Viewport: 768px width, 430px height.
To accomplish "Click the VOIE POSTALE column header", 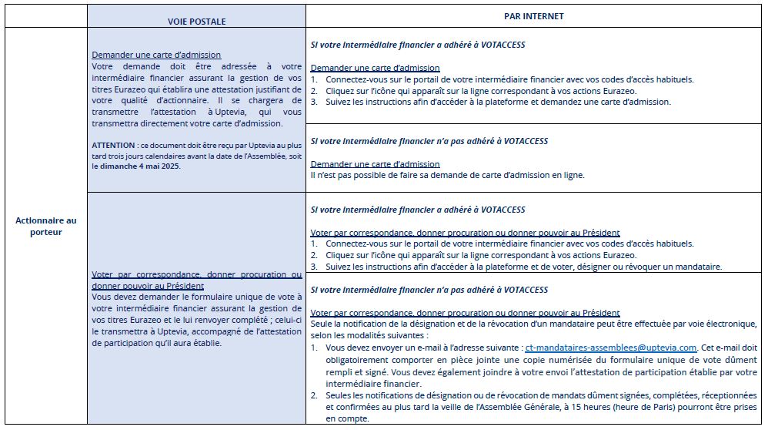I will click(x=196, y=22).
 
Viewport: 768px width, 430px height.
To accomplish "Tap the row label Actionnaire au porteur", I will click(x=45, y=226).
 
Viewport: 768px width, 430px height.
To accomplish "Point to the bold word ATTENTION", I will click(x=112, y=145).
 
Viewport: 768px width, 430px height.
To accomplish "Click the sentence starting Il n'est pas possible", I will click(x=447, y=175).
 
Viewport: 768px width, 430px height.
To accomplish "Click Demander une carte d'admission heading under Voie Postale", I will click(x=156, y=55).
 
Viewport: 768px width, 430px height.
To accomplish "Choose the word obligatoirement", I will click(x=363, y=360).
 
